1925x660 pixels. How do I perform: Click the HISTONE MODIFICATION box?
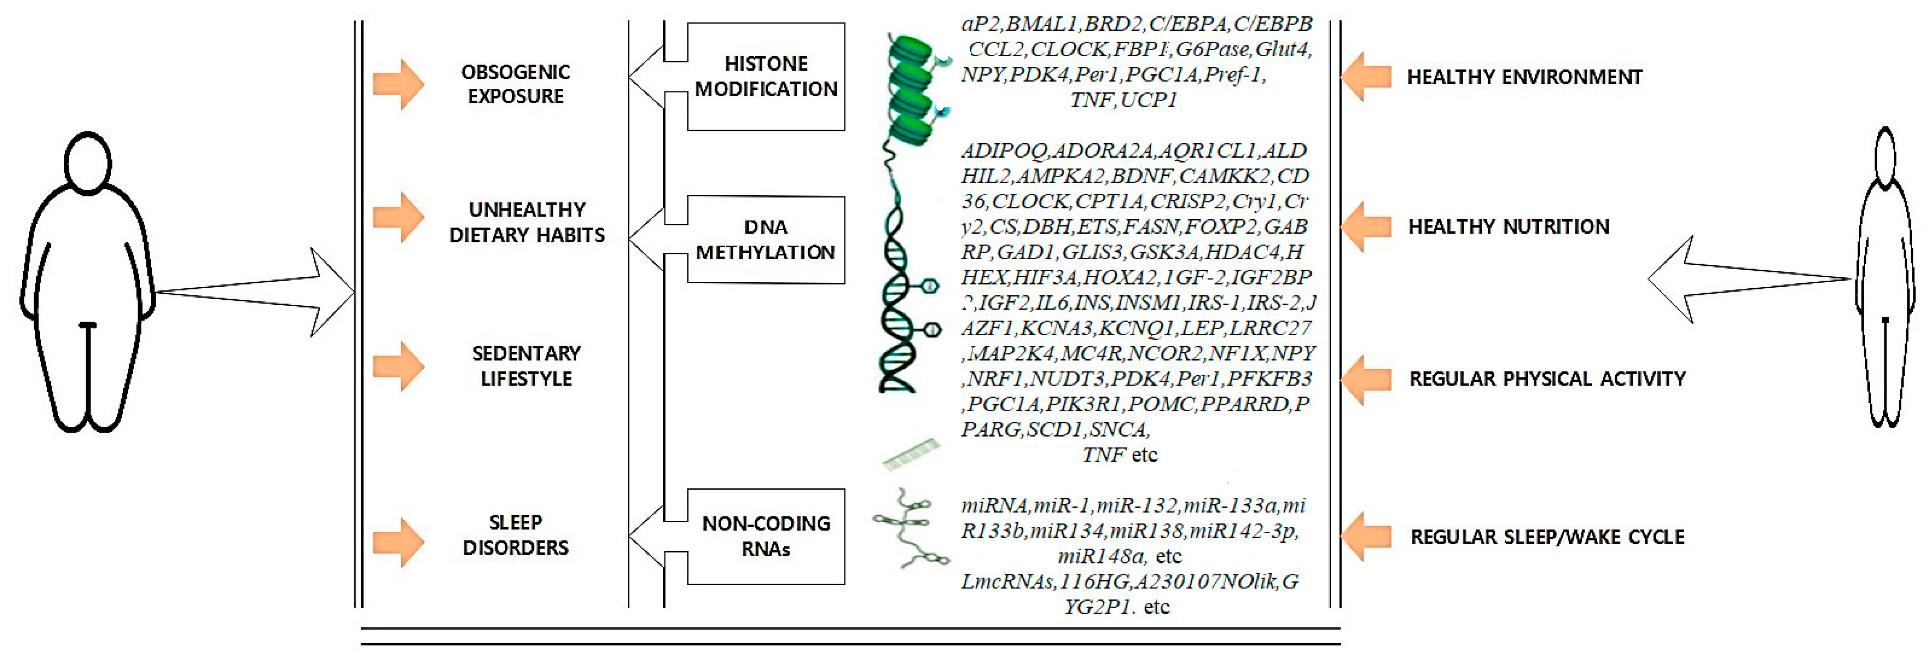pyautogui.click(x=766, y=76)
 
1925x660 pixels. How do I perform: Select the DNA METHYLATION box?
pyautogui.click(x=766, y=240)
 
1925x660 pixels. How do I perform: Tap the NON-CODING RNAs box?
pyautogui.click(x=766, y=536)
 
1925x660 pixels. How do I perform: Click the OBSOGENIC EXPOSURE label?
pyautogui.click(x=516, y=84)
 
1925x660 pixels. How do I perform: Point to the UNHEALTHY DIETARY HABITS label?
pyautogui.click(x=527, y=222)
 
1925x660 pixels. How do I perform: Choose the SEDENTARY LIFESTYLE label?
pyautogui.click(x=526, y=366)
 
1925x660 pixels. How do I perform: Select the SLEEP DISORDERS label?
pyautogui.click(x=516, y=535)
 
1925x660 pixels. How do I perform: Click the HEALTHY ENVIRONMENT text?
pyautogui.click(x=1524, y=77)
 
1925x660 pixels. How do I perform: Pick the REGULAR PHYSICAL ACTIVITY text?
pyautogui.click(x=1547, y=379)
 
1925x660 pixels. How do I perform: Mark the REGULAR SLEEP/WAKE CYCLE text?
pyautogui.click(x=1547, y=537)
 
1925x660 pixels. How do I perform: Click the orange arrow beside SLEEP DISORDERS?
pyautogui.click(x=399, y=542)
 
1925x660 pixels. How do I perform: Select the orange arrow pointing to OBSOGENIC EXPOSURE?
pyautogui.click(x=399, y=84)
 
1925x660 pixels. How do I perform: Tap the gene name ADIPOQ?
pyautogui.click(x=1004, y=151)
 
